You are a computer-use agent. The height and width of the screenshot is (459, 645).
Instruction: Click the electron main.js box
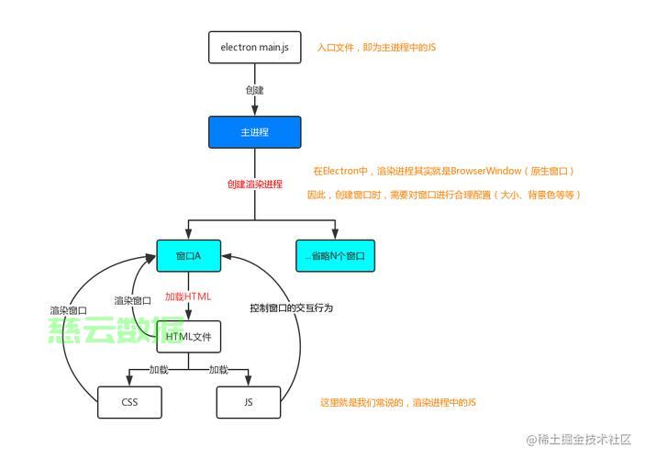pos(255,47)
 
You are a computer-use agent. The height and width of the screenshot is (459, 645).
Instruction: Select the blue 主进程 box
pos(255,132)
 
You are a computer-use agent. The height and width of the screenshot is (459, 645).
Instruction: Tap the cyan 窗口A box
pos(188,255)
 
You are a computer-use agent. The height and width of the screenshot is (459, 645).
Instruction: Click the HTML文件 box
pos(189,337)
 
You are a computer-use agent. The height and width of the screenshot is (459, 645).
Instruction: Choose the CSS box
pos(129,402)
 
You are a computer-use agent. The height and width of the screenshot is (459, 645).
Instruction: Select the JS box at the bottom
pos(249,402)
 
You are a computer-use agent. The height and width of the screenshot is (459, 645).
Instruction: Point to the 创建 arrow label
pos(255,90)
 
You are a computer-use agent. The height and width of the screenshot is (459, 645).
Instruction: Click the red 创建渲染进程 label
pos(255,184)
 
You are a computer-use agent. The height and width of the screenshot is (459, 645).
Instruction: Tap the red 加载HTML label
pos(188,297)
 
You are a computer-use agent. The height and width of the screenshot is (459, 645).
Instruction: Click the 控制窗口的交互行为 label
pos(291,308)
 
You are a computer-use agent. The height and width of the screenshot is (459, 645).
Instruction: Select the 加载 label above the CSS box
pos(159,370)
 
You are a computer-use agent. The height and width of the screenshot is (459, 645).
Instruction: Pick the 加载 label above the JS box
pos(218,370)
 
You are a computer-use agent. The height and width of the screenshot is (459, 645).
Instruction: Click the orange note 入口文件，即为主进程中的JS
pos(376,47)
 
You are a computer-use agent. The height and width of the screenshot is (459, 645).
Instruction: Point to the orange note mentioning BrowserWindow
pos(444,172)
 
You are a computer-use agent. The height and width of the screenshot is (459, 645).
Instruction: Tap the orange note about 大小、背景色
pos(444,195)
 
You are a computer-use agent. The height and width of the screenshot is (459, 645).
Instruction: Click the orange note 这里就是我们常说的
pos(398,403)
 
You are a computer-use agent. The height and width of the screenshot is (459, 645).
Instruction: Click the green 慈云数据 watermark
pos(117,332)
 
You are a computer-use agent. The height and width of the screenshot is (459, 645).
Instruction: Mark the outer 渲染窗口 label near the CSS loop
pos(69,310)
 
